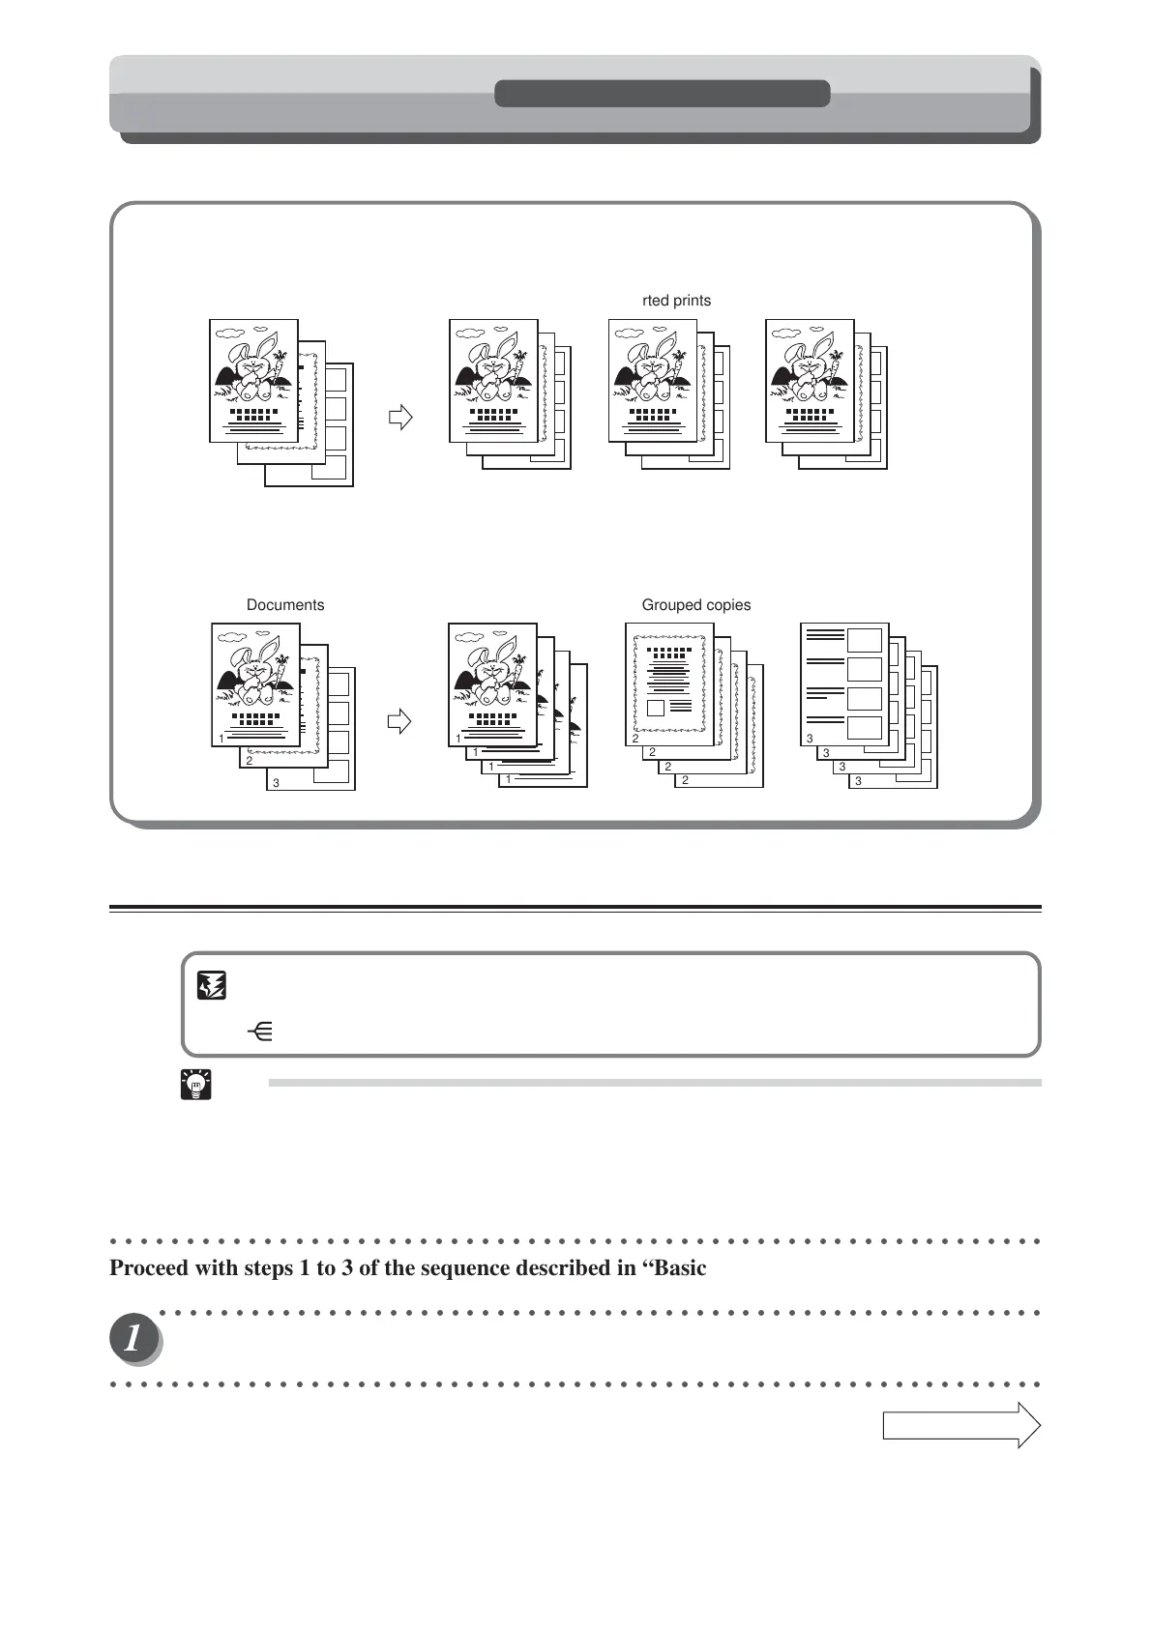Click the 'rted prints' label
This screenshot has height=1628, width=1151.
pyautogui.click(x=676, y=301)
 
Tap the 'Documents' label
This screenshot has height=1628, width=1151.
pyautogui.click(x=285, y=605)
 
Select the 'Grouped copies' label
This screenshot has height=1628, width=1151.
pyautogui.click(x=696, y=605)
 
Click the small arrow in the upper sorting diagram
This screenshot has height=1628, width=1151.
pyautogui.click(x=399, y=418)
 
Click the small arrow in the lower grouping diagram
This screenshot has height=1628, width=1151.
pyautogui.click(x=398, y=721)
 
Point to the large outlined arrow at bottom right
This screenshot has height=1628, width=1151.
pyautogui.click(x=960, y=1425)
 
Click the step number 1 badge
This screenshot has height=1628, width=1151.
pyautogui.click(x=134, y=1340)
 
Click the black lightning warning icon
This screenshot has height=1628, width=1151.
pyautogui.click(x=212, y=986)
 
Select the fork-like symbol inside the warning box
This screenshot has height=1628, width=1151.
pyautogui.click(x=260, y=1032)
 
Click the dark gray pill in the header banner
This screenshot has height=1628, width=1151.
pyautogui.click(x=662, y=94)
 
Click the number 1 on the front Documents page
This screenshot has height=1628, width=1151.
pyautogui.click(x=221, y=738)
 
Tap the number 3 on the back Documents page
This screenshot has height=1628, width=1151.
pyautogui.click(x=276, y=783)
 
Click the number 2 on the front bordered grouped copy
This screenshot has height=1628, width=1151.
pyautogui.click(x=635, y=738)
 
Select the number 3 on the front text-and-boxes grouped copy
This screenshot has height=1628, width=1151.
pyautogui.click(x=810, y=739)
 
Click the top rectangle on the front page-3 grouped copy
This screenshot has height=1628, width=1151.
pyautogui.click(x=865, y=640)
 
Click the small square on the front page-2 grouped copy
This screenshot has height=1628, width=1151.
pyautogui.click(x=656, y=708)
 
